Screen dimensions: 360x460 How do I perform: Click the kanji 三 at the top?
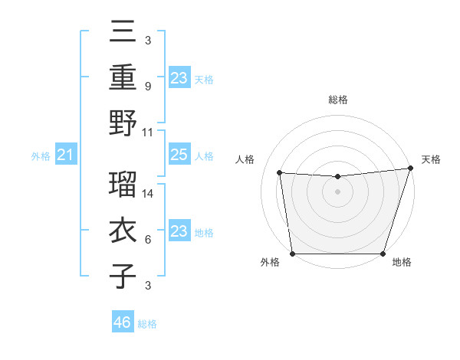[x=123, y=32]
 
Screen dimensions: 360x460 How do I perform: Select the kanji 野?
[x=123, y=123]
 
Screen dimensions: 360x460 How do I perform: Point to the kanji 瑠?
[x=123, y=184]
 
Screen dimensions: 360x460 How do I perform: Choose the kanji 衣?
[x=123, y=231]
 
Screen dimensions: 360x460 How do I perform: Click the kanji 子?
[x=123, y=277]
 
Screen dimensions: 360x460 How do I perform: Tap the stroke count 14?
[x=149, y=194]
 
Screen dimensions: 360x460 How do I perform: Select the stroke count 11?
[x=149, y=132]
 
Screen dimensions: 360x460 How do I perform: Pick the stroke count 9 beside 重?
[x=147, y=86]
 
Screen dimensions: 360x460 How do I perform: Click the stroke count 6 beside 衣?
[x=147, y=240]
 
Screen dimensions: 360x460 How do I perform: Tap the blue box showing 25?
[x=179, y=155]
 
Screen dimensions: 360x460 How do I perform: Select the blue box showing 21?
[x=66, y=155]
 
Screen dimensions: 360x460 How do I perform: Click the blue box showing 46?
[x=122, y=322]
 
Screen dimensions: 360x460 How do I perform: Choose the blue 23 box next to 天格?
[x=179, y=77]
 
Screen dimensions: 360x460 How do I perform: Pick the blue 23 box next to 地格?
[x=179, y=231]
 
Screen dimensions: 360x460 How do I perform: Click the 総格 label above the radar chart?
[x=337, y=100]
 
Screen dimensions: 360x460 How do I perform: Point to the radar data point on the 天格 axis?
[x=410, y=169]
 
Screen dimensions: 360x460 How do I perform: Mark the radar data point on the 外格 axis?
[x=292, y=254]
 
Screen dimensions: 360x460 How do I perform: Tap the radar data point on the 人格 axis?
[x=280, y=173]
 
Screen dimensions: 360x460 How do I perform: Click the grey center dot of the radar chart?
[x=337, y=191]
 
